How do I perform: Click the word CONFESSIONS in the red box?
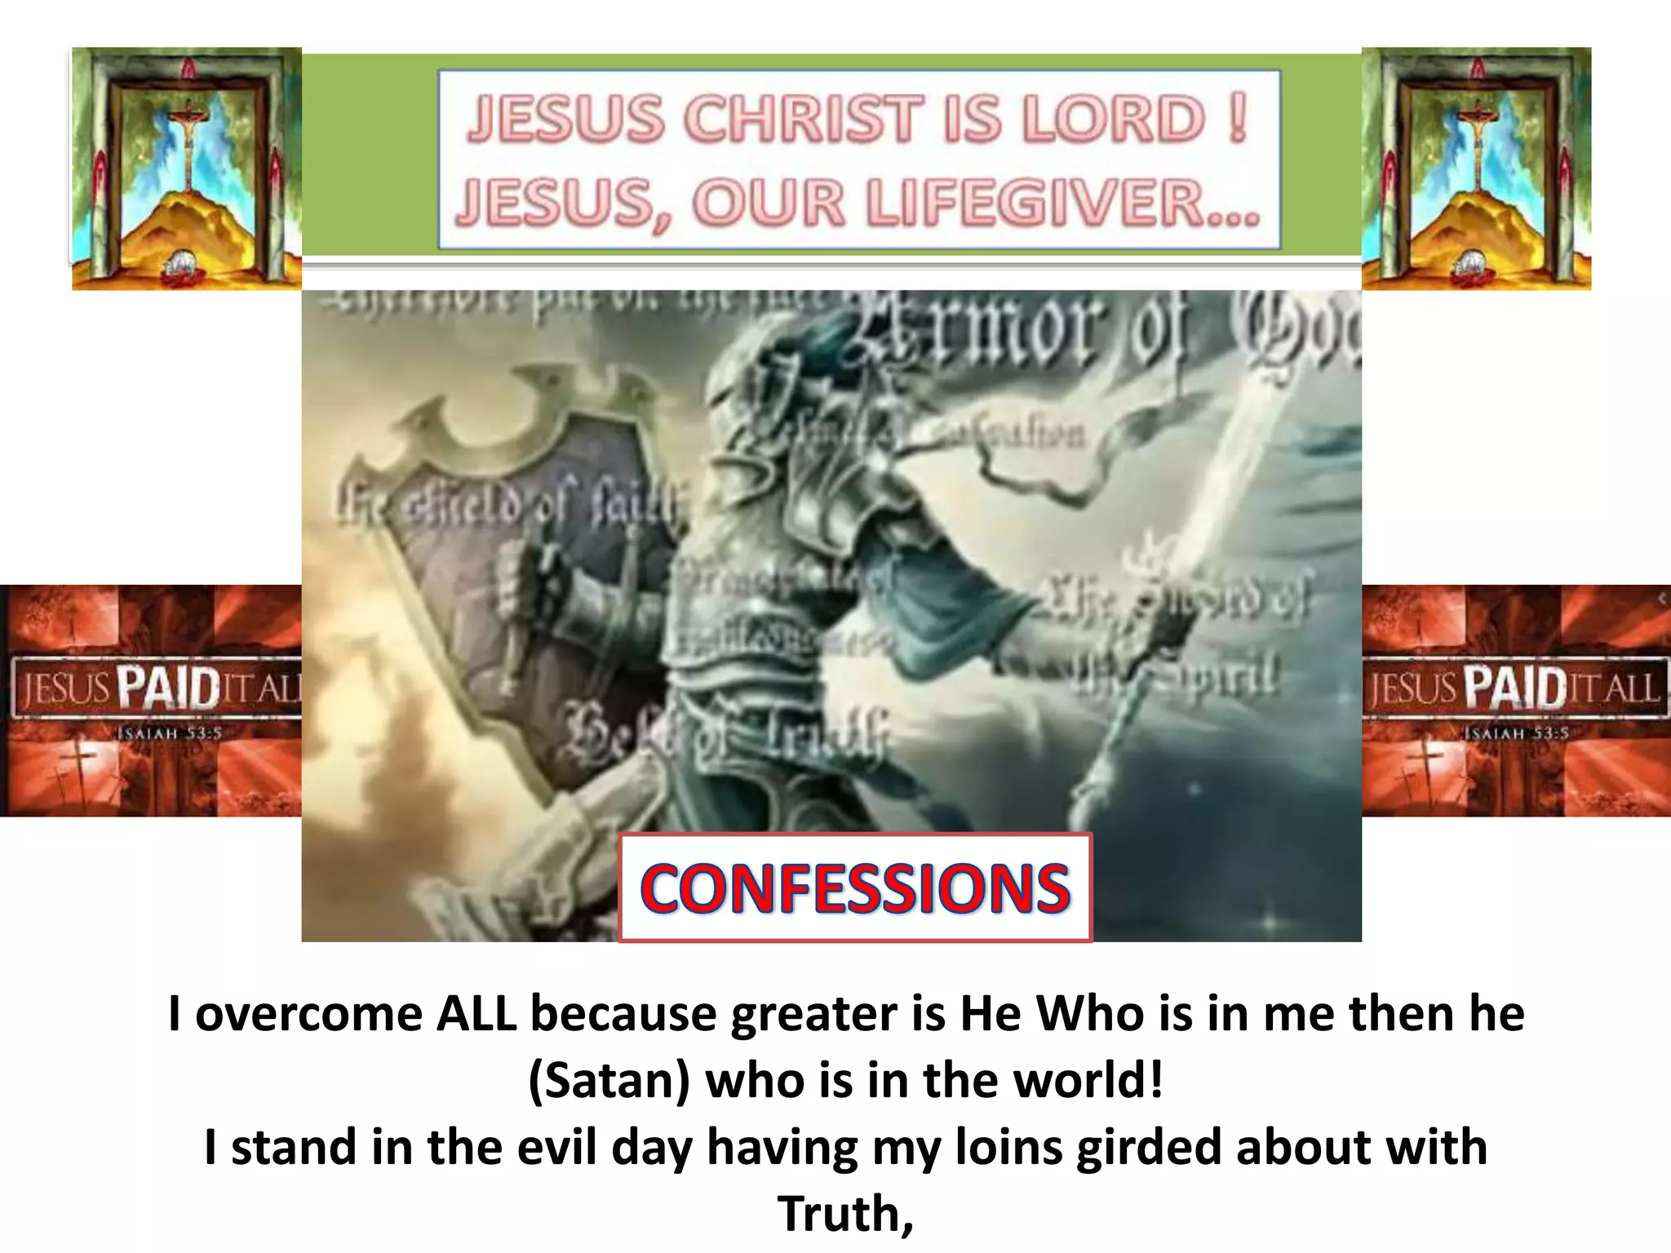tap(854, 888)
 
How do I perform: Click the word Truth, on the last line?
tap(845, 1213)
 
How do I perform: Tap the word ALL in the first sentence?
tap(476, 1014)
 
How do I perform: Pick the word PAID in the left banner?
tap(168, 688)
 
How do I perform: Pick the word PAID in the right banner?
tap(1514, 688)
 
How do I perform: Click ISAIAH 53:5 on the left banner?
tap(170, 733)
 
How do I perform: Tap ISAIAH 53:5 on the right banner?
tap(1516, 733)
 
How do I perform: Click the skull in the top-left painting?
tap(179, 265)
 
